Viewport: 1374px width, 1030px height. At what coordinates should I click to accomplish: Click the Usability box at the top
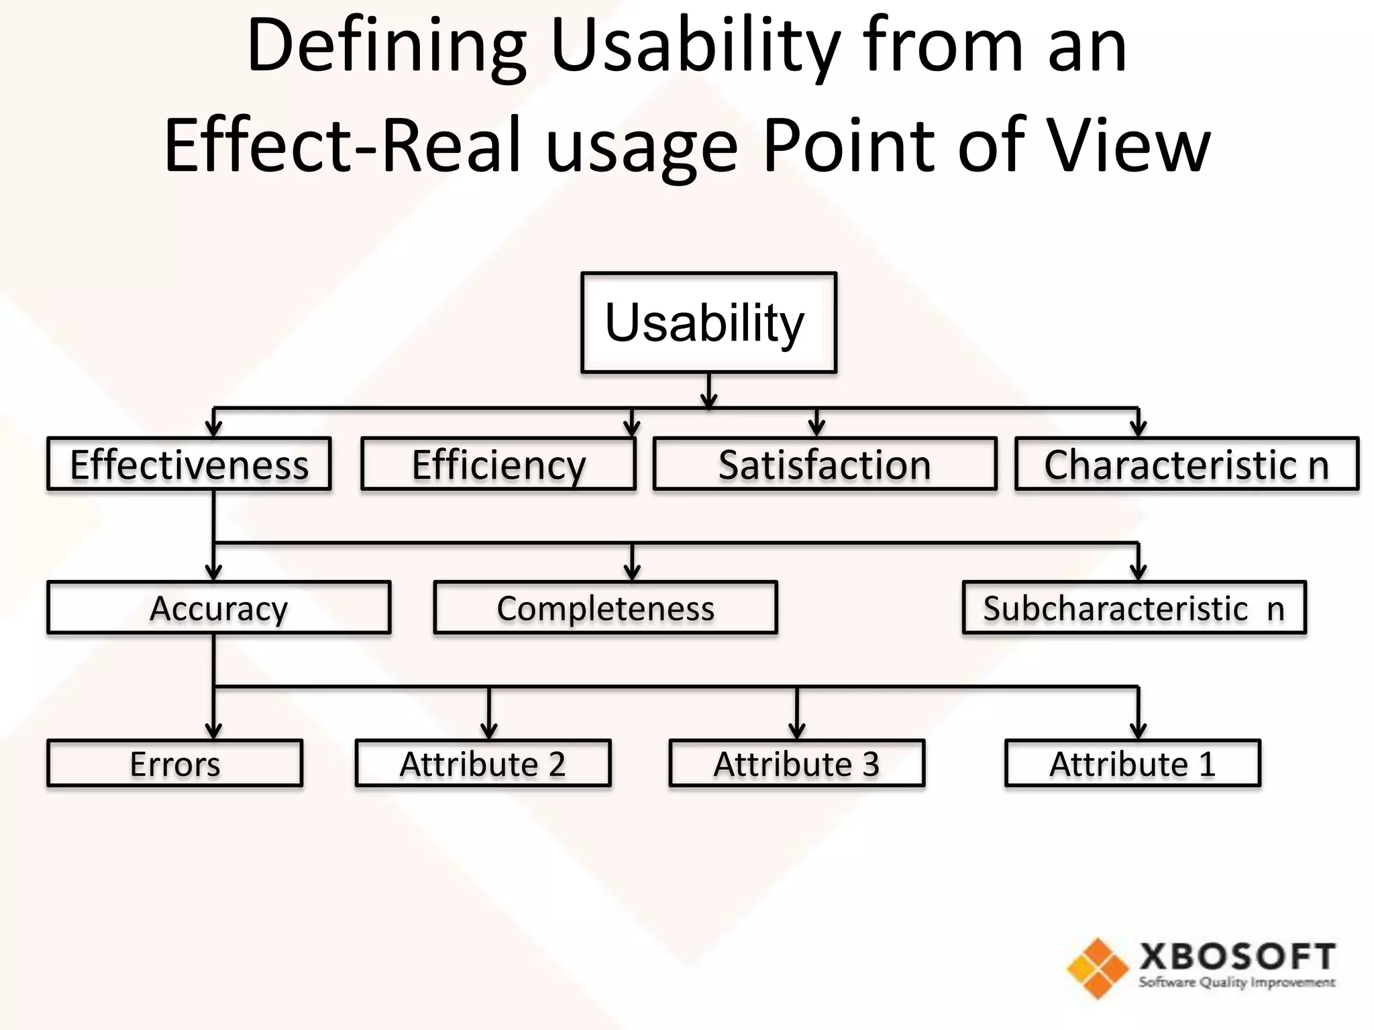(708, 323)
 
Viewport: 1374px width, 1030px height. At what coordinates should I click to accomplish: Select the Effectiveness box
(189, 464)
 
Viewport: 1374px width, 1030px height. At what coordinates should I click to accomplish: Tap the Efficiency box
(498, 464)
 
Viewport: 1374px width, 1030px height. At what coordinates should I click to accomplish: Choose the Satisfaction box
(825, 464)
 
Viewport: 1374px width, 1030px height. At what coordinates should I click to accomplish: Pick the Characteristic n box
(1186, 464)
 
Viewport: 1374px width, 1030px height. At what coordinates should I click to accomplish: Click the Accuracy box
(218, 608)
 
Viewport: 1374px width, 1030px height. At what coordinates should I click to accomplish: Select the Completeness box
(605, 608)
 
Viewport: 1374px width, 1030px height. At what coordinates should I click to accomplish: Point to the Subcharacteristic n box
(1134, 608)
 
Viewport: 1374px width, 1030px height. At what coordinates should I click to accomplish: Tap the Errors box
(174, 763)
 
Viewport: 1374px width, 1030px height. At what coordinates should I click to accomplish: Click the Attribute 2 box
(482, 763)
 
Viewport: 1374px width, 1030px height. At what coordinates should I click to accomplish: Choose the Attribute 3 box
(796, 763)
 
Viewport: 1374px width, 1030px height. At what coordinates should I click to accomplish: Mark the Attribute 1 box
(1132, 763)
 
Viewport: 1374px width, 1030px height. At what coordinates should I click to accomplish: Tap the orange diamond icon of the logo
(1098, 968)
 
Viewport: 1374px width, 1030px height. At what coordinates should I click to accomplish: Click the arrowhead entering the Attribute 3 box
(796, 730)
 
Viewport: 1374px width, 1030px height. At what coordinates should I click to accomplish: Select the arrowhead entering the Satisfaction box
(816, 428)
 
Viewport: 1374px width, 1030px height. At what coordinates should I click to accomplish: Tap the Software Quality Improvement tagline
(1236, 983)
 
